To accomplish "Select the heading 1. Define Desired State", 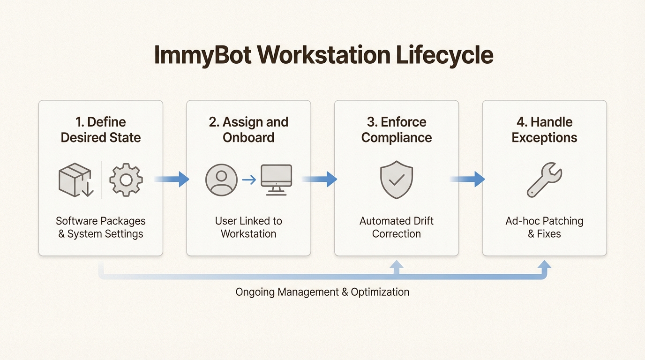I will pos(101,130).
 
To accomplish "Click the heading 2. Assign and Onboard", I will pos(248,130).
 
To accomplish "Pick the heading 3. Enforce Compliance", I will pos(397,130).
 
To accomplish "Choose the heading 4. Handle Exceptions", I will pos(544,130).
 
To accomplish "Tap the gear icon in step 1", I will pos(126,180).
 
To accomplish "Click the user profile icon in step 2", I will pos(221,180).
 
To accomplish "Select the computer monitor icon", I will pos(276,180).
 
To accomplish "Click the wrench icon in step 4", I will pos(544,180).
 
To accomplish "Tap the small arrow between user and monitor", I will pos(249,180).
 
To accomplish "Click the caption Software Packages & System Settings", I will pos(101,227).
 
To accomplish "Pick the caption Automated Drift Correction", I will pos(397,227).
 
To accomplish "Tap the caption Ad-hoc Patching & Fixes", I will pos(544,227).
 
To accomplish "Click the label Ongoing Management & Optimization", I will pos(322,292).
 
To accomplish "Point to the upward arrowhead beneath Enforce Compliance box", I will pos(397,265).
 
